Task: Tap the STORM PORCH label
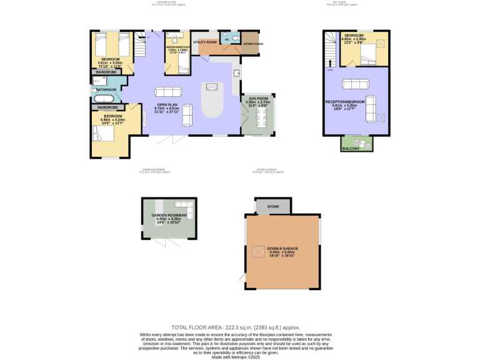253,44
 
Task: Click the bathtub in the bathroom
104,98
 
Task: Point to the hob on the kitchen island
212,86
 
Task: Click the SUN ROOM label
257,99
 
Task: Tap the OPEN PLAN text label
166,104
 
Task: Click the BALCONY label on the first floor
357,148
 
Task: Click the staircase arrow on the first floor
329,62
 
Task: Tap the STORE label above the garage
272,206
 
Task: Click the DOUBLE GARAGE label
282,248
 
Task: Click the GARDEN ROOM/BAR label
169,215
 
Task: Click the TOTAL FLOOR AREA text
236,327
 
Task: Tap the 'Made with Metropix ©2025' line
236,357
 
